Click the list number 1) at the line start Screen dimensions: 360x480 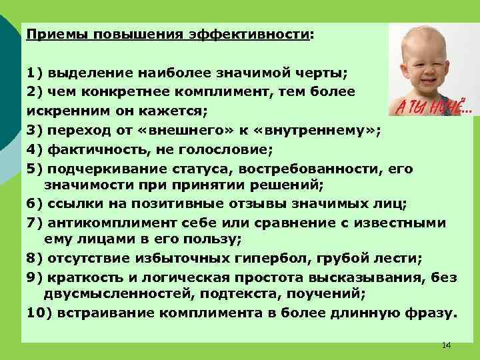point(35,71)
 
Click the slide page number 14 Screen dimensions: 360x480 point(446,345)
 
